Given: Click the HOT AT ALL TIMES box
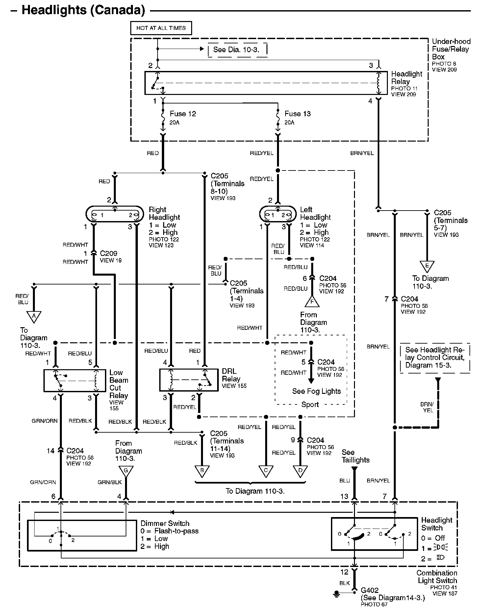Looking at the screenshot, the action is [161, 28].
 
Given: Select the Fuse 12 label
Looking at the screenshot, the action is [183, 114].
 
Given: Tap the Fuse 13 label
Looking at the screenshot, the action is [298, 114].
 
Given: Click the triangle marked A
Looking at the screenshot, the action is [34, 317].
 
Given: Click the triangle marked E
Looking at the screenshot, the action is [427, 266].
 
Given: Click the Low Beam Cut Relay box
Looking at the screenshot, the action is [74, 380].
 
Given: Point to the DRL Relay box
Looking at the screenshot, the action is [189, 380].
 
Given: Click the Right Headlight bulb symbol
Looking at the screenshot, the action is [114, 215].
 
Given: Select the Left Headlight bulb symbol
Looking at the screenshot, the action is [278, 215].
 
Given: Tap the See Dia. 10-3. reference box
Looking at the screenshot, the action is [237, 50].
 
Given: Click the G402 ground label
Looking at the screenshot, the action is [369, 590].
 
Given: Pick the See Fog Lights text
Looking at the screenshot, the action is [316, 391].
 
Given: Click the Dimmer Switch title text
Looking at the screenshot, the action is [165, 523].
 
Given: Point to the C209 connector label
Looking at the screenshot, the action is [109, 253].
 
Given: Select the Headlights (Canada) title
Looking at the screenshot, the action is [83, 10].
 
